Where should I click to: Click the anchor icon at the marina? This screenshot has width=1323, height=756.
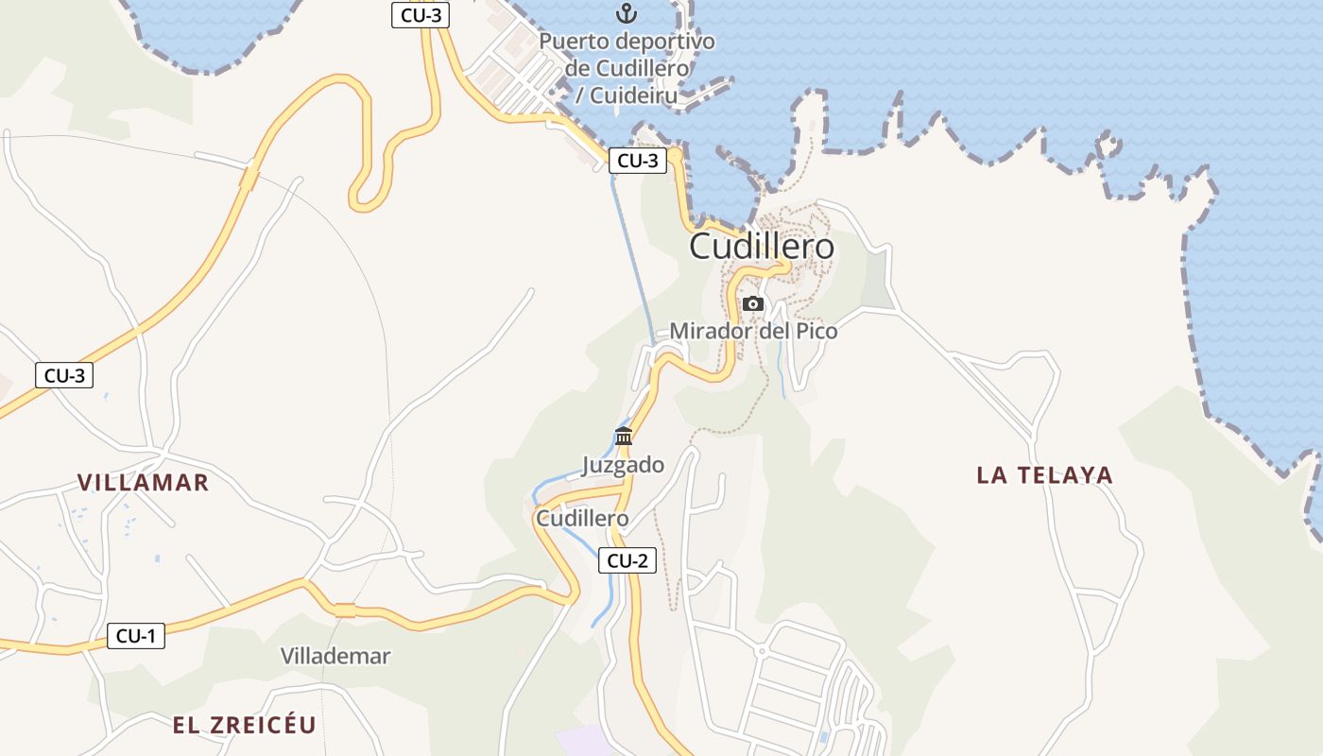tap(625, 13)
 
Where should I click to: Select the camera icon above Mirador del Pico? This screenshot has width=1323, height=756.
tap(753, 303)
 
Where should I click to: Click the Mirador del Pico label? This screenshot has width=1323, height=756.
tap(753, 331)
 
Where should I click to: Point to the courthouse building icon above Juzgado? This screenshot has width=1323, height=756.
tap(624, 436)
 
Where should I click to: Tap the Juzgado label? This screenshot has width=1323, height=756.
tap(623, 465)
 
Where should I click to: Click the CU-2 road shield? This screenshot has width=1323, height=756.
tap(627, 560)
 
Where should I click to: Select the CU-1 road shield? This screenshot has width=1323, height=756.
tap(135, 636)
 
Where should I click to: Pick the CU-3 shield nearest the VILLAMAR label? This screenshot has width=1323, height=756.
tap(64, 375)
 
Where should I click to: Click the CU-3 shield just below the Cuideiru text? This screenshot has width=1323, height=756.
tap(637, 161)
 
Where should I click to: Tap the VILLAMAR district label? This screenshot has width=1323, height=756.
tap(143, 482)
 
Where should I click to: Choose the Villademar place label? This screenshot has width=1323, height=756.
tap(335, 656)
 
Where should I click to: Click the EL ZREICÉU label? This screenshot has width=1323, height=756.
tap(244, 725)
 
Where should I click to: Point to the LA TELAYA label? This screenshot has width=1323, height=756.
tap(1044, 474)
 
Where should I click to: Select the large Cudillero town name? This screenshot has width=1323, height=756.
tap(762, 247)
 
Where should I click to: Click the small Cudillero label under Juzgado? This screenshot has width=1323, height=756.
tap(582, 519)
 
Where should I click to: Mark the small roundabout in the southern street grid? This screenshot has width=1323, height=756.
tap(761, 651)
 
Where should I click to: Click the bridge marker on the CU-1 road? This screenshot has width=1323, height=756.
tap(345, 610)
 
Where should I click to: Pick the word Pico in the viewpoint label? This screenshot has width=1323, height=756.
tap(814, 331)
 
